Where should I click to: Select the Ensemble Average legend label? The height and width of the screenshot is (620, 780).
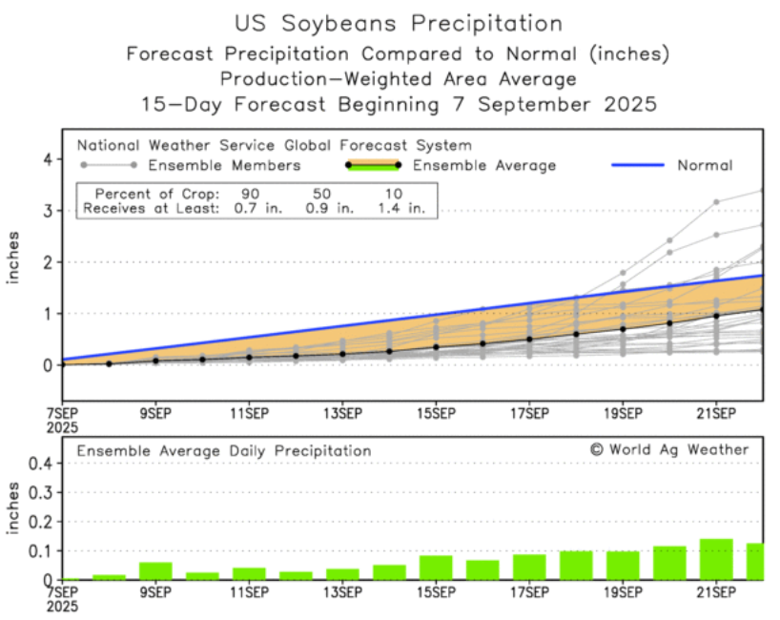tap(500, 165)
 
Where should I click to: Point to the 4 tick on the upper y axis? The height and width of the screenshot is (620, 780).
tap(44, 159)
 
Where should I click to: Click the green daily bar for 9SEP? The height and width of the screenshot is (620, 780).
tap(155, 570)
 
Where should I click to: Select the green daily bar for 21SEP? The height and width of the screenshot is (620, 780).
tap(716, 560)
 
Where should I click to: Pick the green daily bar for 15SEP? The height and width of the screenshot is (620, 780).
tap(436, 568)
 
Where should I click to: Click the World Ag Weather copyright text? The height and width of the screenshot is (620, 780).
tap(669, 449)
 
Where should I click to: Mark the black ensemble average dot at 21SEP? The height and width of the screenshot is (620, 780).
tap(716, 316)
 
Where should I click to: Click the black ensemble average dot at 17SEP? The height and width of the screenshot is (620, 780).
tap(529, 339)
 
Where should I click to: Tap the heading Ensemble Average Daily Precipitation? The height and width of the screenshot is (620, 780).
tap(224, 450)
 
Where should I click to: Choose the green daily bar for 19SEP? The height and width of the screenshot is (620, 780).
tap(623, 566)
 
